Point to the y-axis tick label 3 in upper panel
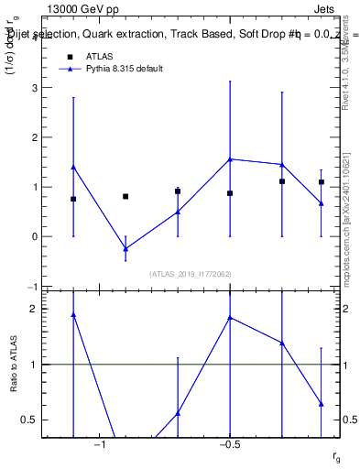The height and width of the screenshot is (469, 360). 35,88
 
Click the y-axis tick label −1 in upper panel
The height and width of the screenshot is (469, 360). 33,287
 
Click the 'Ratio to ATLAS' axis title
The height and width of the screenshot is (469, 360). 14,365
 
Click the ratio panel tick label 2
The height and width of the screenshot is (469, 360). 35,309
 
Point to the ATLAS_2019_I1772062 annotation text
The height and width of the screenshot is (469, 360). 191,273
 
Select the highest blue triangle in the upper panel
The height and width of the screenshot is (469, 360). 230,158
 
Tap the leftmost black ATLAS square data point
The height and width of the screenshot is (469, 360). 73,199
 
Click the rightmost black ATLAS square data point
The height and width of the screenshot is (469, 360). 322,182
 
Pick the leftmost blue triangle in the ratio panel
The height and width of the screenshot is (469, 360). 73,314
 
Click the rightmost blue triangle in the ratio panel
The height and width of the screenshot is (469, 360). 322,403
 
